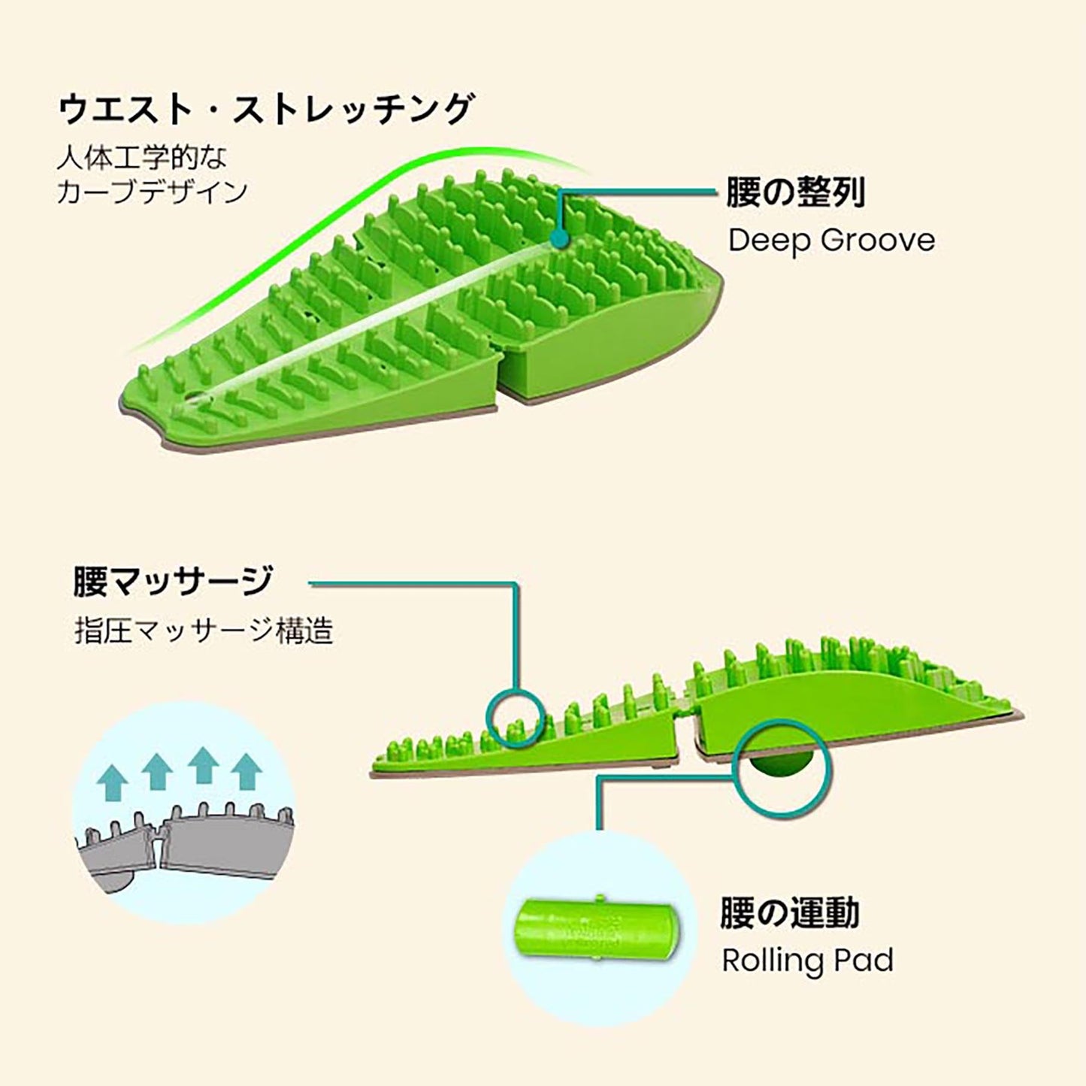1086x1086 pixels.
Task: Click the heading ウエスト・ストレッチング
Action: click(x=265, y=110)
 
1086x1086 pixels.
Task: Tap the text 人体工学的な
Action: click(x=141, y=158)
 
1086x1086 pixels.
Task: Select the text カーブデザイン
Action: click(x=152, y=192)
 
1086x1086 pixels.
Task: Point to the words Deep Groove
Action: click(x=831, y=240)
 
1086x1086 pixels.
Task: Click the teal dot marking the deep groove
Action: click(x=557, y=239)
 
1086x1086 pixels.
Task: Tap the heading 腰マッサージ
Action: click(x=173, y=582)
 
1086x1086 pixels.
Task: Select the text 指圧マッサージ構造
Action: click(x=203, y=631)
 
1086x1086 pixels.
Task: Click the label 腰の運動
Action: click(x=789, y=913)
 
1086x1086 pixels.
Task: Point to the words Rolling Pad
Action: click(x=807, y=960)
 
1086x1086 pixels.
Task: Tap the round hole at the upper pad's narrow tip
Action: click(x=192, y=398)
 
